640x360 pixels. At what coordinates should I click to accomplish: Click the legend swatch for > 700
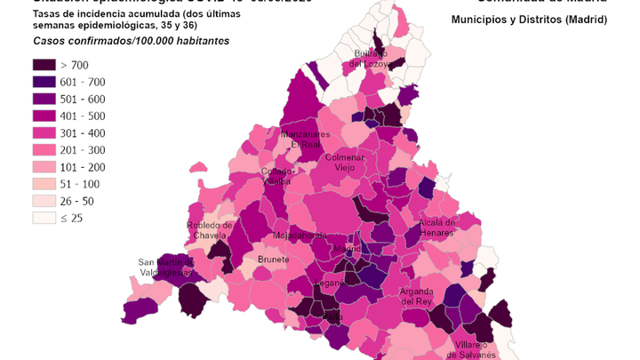point(44,65)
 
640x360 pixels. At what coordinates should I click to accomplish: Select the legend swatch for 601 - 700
point(44,82)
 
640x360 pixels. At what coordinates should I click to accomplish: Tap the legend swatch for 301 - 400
point(44,133)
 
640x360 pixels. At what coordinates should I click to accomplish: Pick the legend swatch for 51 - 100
point(44,184)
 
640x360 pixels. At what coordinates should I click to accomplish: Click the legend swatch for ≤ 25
point(44,218)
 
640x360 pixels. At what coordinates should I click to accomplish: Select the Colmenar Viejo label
point(350,162)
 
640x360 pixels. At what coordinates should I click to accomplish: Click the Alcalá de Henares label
point(436,227)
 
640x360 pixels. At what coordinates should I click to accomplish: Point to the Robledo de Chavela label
point(210,230)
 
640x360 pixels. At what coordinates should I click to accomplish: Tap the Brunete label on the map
point(273,260)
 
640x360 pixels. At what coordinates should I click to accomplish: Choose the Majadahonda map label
point(300,236)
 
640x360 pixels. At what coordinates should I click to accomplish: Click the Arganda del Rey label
point(416,296)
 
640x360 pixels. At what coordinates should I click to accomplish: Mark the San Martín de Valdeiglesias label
point(165,267)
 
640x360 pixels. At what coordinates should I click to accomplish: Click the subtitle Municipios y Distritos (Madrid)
point(529,19)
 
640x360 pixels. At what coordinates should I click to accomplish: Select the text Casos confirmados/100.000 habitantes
point(131,41)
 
